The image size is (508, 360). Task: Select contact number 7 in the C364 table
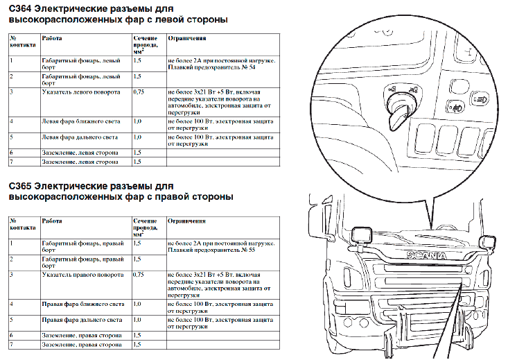click(11, 162)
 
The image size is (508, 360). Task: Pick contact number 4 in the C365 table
click(11, 304)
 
